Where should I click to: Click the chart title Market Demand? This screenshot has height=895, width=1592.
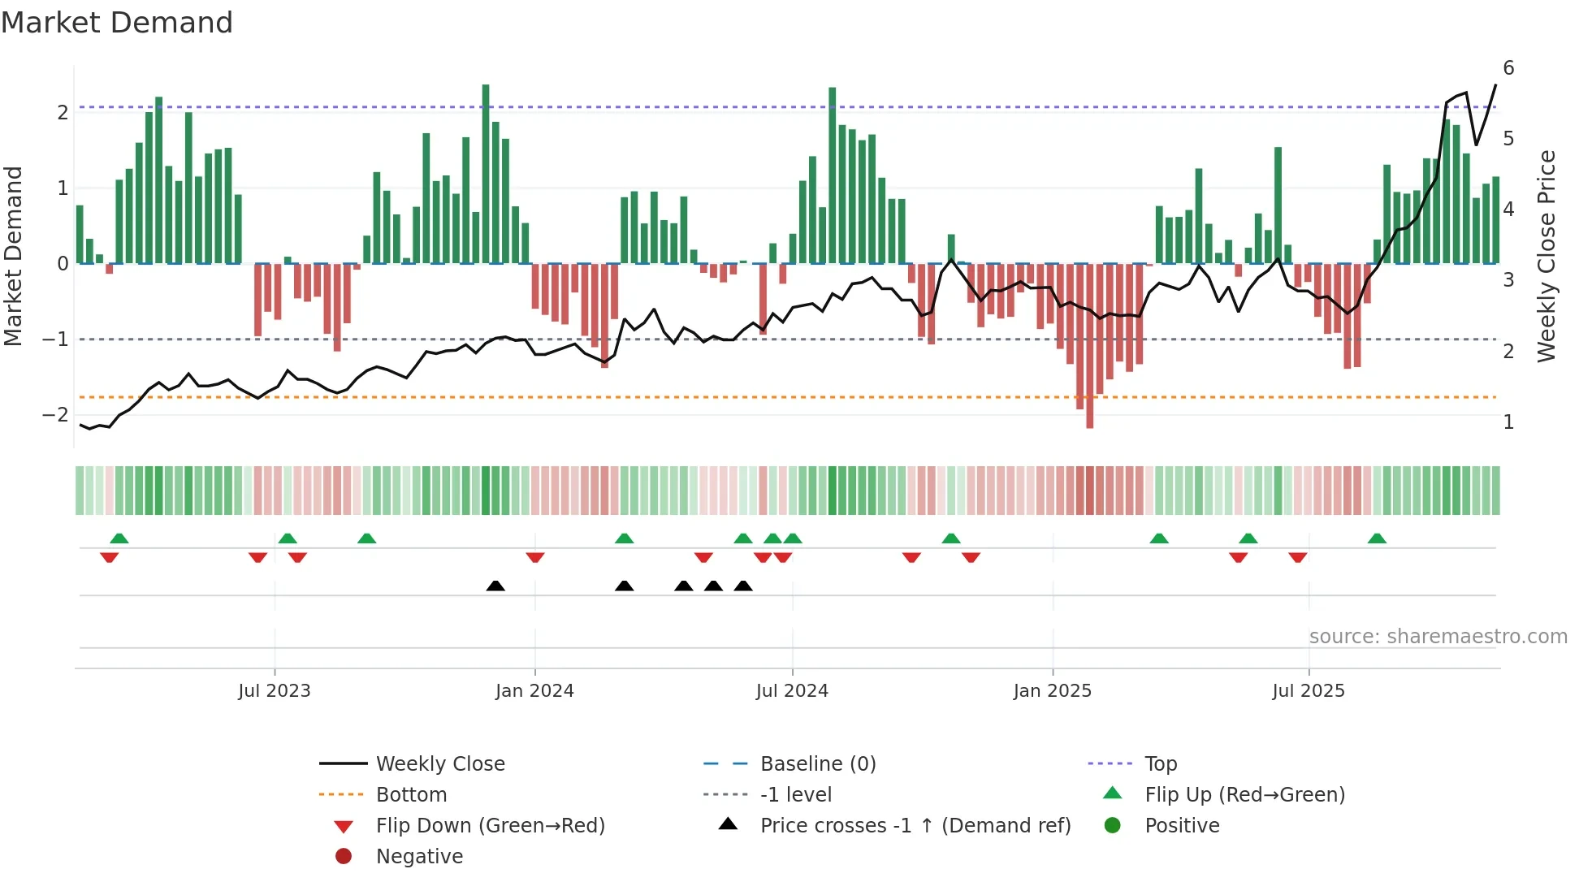click(x=117, y=23)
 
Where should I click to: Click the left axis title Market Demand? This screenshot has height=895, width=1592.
click(x=14, y=257)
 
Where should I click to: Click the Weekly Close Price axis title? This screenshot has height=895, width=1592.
click(x=1547, y=257)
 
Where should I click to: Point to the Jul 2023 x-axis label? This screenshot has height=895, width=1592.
click(x=275, y=691)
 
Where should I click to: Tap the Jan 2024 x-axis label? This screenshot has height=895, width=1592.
click(x=534, y=691)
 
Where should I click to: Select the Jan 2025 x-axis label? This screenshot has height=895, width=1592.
click(x=1053, y=691)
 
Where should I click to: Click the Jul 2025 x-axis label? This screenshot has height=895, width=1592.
click(x=1309, y=691)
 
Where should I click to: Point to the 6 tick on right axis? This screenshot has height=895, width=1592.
click(x=1508, y=68)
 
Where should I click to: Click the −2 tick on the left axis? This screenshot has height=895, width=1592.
click(x=55, y=415)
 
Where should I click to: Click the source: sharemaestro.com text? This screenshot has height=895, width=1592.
click(x=1438, y=637)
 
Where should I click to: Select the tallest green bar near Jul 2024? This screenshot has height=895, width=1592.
click(x=833, y=175)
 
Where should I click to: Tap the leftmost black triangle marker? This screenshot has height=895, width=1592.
click(x=495, y=586)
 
